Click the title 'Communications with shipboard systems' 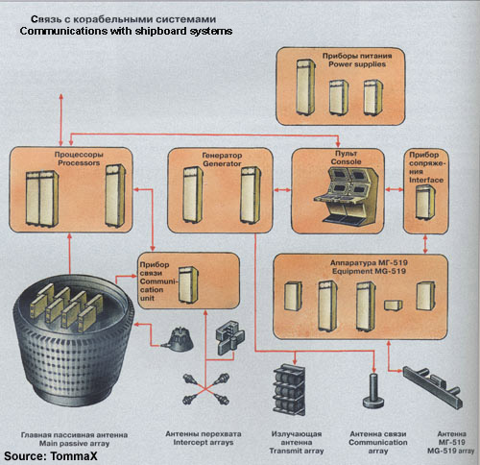[126, 32]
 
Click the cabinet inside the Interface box [421, 204]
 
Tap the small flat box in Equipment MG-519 [391, 305]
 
